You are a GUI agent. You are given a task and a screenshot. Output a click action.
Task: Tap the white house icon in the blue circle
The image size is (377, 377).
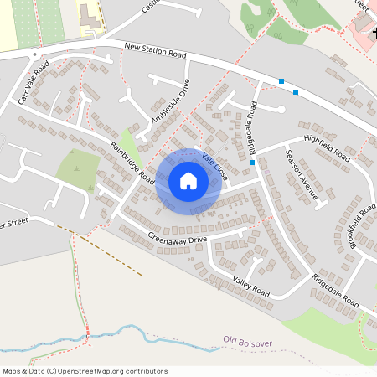tap(188, 181)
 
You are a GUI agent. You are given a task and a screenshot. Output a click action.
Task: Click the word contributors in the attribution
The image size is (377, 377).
tap(142, 370)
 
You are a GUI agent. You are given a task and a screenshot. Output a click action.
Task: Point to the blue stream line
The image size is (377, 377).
tap(168, 335)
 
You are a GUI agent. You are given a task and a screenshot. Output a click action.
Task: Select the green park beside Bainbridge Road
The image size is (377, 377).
tap(77, 170)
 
